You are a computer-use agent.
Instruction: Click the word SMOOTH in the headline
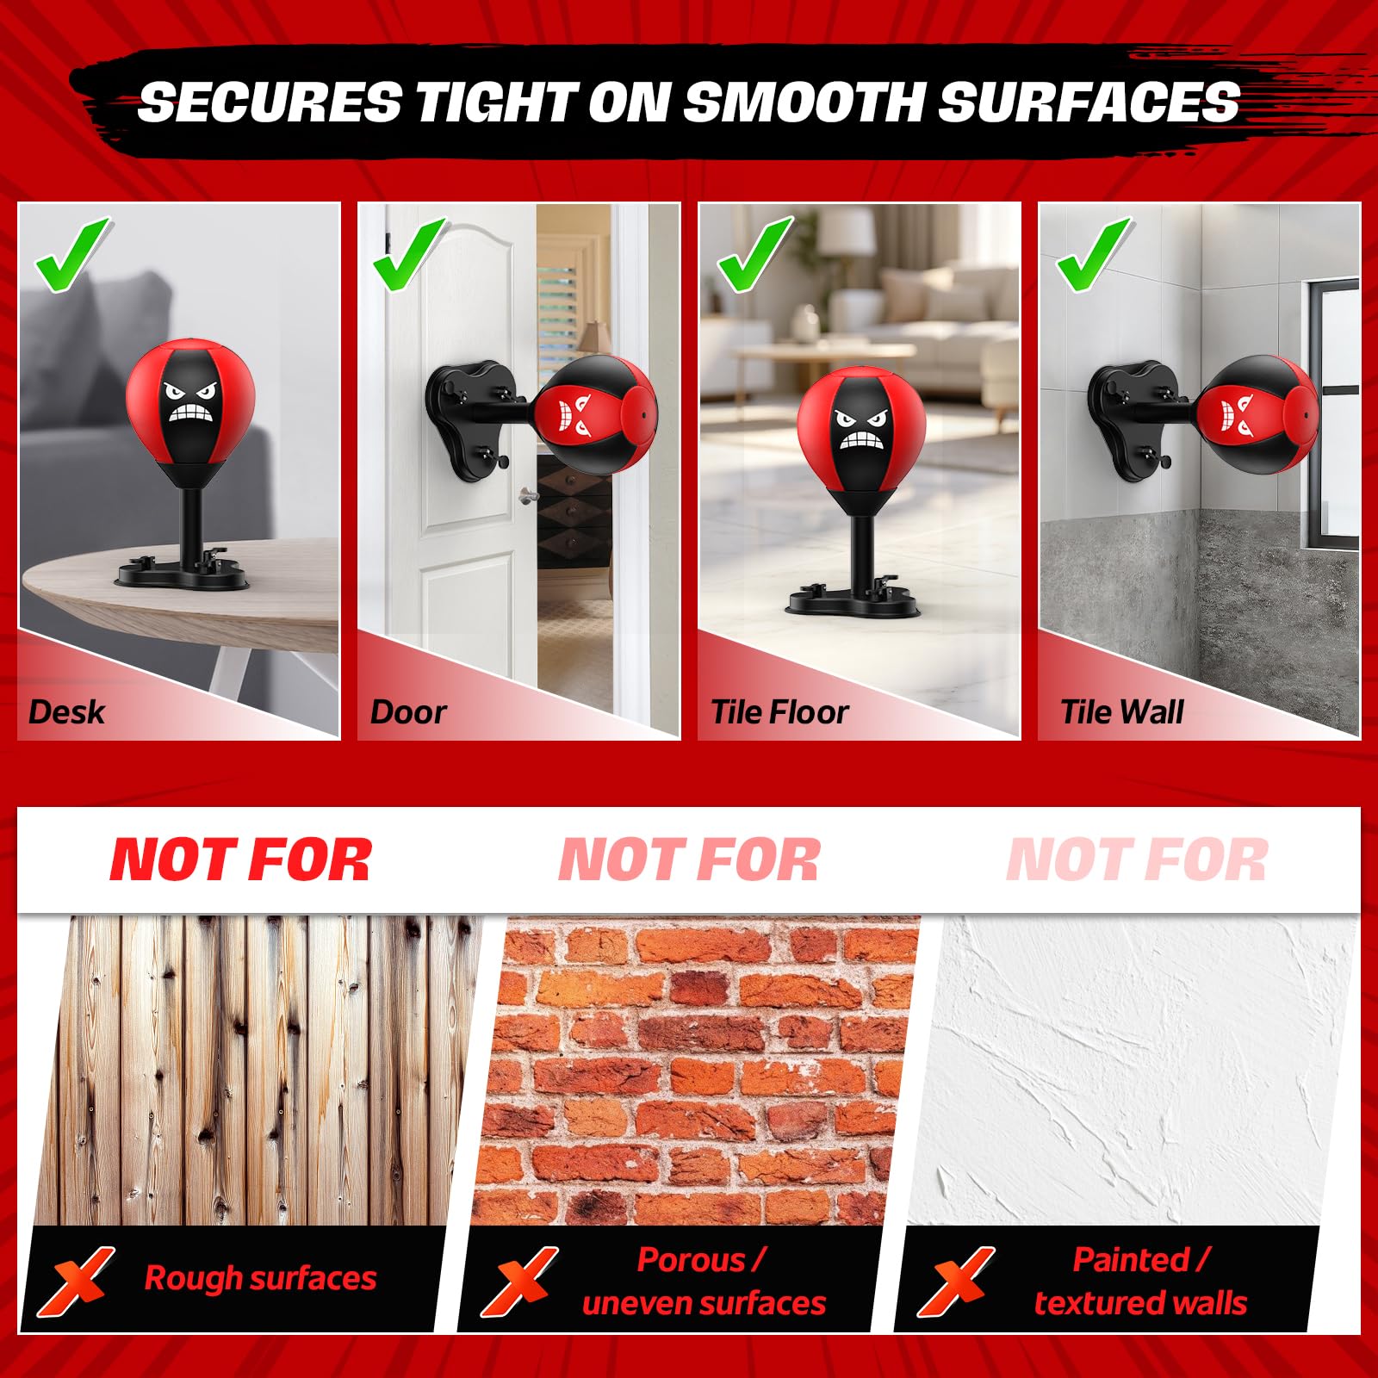tap(803, 102)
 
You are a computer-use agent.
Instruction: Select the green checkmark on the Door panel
tap(410, 255)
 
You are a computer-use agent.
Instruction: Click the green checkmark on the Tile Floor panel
tap(753, 255)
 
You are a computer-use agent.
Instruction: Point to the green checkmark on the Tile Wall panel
tap(1092, 255)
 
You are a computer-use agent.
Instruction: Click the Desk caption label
tap(66, 712)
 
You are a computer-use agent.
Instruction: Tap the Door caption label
tap(408, 712)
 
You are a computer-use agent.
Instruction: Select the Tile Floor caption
tap(779, 712)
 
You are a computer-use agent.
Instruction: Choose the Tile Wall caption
tap(1121, 712)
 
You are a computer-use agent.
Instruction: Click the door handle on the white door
tap(527, 496)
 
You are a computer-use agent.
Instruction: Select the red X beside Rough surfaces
tap(75, 1281)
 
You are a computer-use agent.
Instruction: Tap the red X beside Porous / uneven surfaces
tap(518, 1281)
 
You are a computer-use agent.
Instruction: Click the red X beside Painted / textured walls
tap(955, 1281)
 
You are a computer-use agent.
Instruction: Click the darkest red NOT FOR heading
tap(241, 860)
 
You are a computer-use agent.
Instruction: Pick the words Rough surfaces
tap(260, 1278)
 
